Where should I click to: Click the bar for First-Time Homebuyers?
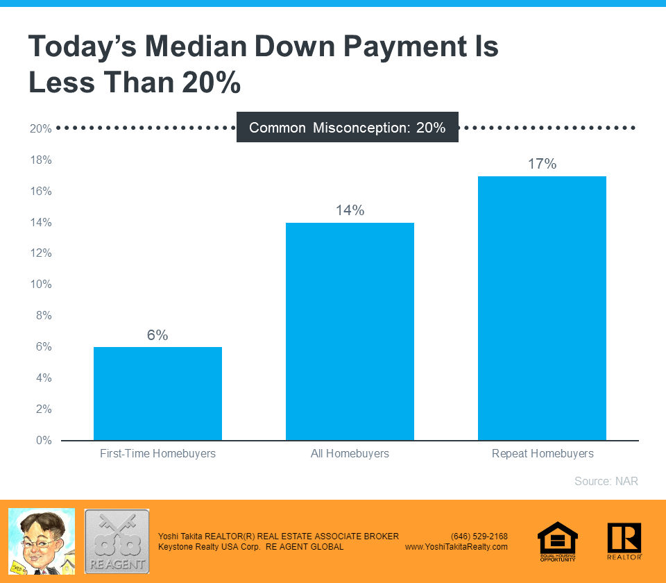coord(157,393)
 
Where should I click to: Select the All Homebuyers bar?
coord(350,331)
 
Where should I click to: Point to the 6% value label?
coord(157,335)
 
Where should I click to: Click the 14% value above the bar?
coord(350,210)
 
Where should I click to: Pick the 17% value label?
coord(542,164)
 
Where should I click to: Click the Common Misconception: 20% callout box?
coord(347,127)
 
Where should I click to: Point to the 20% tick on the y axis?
coord(41,129)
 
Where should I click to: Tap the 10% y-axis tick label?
coord(41,285)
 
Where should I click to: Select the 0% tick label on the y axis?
coord(44,440)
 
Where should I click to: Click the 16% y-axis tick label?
coord(41,191)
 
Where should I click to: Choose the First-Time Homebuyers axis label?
coord(157,454)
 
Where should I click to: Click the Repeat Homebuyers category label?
coord(543,454)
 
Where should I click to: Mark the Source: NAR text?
coord(606,481)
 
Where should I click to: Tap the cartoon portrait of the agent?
coord(41,541)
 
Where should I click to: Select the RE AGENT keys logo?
coord(117,541)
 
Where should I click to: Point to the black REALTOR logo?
coord(624,541)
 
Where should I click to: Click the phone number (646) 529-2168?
coord(479,536)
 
